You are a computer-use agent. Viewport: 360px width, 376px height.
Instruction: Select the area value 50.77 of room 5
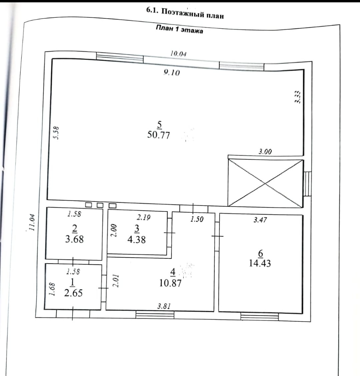[159, 135]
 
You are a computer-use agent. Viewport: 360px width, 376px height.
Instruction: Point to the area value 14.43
[260, 263]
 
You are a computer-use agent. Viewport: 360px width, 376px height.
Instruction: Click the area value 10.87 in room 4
[171, 283]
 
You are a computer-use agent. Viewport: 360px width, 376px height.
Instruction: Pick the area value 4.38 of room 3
[137, 239]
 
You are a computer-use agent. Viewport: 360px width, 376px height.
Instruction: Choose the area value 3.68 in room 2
[74, 239]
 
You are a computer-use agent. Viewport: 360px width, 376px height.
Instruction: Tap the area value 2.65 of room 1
[73, 293]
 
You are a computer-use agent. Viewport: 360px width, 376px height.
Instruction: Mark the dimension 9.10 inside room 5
[172, 72]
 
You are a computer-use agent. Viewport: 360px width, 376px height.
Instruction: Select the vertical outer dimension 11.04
[32, 222]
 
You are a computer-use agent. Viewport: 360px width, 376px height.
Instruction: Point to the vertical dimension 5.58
[56, 132]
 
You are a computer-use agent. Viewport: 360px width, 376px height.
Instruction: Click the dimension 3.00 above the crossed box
[265, 152]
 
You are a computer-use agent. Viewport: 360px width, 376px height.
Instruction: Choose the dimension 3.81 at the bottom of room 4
[164, 306]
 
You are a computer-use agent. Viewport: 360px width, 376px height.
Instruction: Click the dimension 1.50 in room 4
[197, 219]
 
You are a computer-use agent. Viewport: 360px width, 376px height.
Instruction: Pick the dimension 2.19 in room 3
[144, 217]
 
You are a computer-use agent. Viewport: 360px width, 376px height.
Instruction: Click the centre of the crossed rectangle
[265, 182]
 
